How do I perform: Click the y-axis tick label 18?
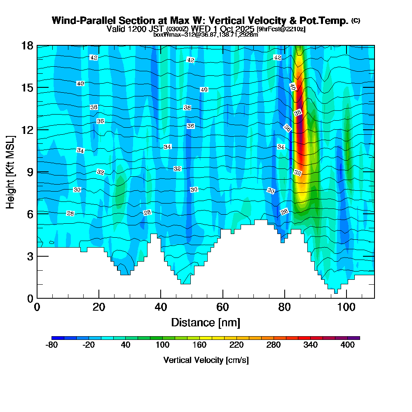point(27,45)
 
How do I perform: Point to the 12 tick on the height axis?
point(27,129)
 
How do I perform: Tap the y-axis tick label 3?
point(29,256)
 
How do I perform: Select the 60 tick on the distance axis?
point(222,307)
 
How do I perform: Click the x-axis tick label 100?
point(346,307)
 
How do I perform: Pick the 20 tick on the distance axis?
point(99,307)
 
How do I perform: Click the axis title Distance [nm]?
point(206,322)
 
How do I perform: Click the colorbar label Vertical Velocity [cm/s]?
point(206,360)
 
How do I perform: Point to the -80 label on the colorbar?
point(51,345)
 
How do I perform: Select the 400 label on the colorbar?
point(348,345)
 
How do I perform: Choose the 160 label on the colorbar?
point(199,345)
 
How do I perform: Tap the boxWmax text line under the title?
point(206,35)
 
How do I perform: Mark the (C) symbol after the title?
point(356,20)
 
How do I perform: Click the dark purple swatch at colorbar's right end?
point(357,338)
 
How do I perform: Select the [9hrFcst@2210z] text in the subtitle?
point(281,29)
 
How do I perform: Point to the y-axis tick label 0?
point(29,298)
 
